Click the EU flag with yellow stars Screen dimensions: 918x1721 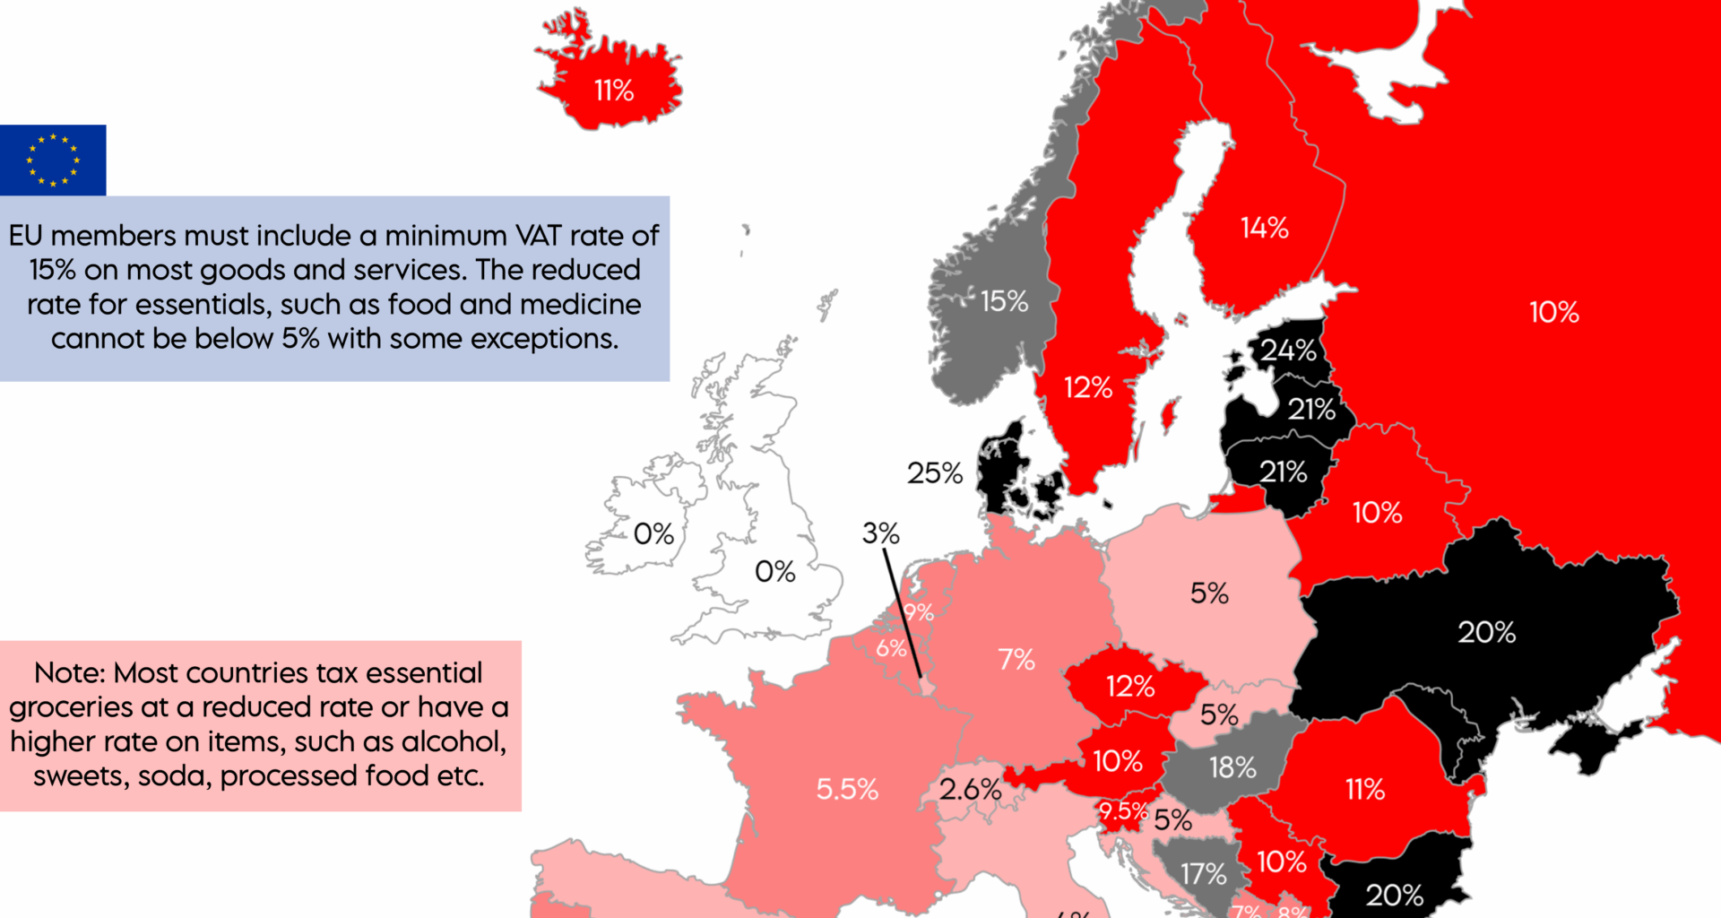(x=53, y=160)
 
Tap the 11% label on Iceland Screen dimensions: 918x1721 (x=614, y=91)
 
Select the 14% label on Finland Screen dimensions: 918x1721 (x=1264, y=228)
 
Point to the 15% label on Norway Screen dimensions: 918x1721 (x=1004, y=301)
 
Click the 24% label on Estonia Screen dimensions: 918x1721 (x=1288, y=350)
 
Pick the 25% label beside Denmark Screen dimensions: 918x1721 (x=934, y=472)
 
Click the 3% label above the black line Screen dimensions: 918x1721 (x=880, y=533)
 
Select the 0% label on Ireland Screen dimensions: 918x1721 (x=653, y=534)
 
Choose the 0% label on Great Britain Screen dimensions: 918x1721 (x=774, y=571)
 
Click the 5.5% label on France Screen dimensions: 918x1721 (x=847, y=789)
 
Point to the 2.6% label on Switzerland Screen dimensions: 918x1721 (x=970, y=789)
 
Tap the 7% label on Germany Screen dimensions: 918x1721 (x=1016, y=660)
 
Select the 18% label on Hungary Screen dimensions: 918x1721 (x=1232, y=767)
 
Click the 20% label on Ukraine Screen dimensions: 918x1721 (x=1486, y=632)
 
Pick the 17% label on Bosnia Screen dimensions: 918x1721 (x=1203, y=873)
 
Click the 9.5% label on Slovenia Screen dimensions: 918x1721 (x=1123, y=811)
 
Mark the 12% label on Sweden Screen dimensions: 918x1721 (x=1087, y=387)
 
